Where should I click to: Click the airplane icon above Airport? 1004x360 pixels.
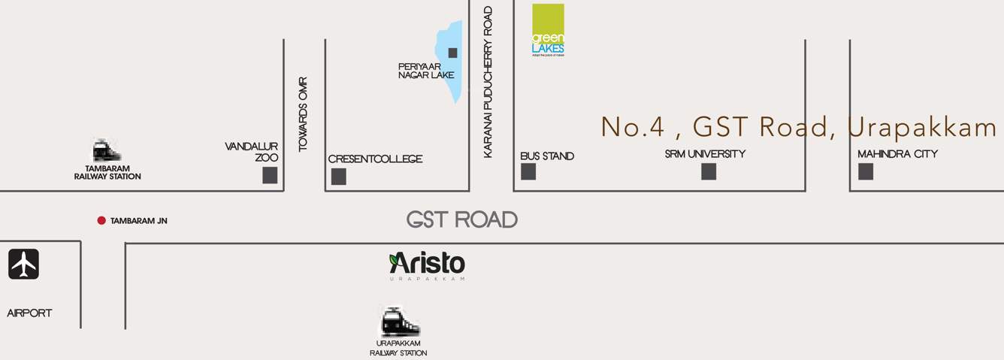23,265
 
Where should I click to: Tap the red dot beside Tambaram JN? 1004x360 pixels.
101,220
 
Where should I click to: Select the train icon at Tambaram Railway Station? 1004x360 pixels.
107,150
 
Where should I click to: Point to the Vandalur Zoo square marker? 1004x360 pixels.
270,175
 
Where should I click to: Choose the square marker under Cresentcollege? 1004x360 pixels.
339,177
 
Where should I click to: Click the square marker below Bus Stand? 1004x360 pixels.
528,171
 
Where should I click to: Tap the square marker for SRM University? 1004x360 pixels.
709,171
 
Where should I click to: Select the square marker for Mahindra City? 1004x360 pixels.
866,171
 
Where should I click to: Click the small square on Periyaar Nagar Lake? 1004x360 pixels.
452,53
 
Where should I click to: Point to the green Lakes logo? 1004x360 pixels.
548,31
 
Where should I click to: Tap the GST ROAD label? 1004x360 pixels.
461,219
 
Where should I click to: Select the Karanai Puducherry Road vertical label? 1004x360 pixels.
488,82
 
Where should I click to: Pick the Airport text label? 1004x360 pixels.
29,313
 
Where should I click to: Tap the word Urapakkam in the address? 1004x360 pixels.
921,128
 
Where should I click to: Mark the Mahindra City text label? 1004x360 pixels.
897,154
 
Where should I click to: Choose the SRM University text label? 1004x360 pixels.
705,154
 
